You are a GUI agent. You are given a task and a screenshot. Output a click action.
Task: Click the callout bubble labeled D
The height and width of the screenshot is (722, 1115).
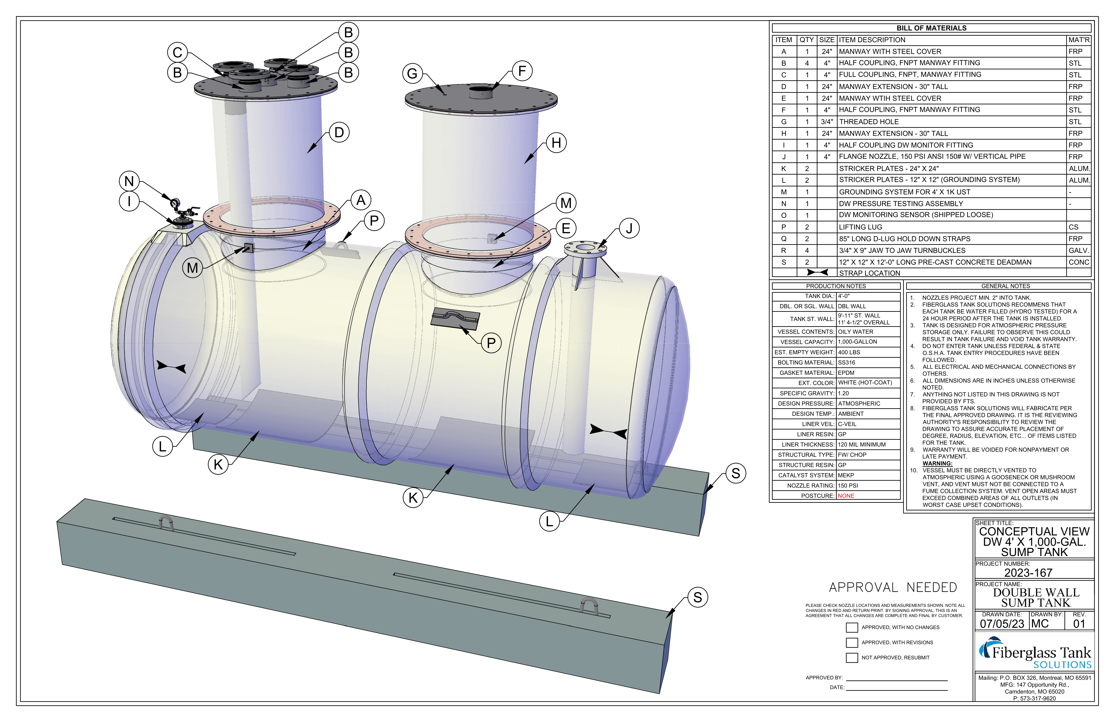click(x=339, y=133)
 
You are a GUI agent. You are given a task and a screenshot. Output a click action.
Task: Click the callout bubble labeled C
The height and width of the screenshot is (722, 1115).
click(x=177, y=53)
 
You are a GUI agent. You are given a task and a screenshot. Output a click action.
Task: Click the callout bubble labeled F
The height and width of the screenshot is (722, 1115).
click(x=522, y=71)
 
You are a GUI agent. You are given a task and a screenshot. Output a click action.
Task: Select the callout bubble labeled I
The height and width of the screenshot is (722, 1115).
click(x=129, y=202)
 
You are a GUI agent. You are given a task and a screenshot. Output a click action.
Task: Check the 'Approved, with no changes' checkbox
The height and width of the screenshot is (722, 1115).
click(x=852, y=627)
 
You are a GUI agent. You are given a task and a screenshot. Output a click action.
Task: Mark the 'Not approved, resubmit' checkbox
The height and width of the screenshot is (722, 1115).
click(x=852, y=658)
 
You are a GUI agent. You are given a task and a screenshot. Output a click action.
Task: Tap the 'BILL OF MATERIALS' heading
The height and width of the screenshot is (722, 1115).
click(x=931, y=28)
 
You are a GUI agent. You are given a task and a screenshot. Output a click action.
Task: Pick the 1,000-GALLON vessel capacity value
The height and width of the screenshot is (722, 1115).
click(x=857, y=342)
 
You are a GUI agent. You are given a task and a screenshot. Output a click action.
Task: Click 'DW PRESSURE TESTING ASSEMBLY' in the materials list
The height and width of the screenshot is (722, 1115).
click(x=901, y=203)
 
